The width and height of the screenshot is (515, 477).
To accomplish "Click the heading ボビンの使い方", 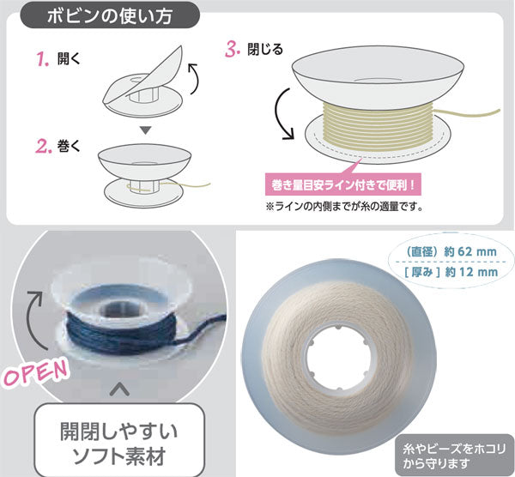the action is (x=110, y=15).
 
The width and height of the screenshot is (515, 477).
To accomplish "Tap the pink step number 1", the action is (x=42, y=59).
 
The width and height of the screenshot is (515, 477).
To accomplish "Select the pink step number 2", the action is (x=44, y=147).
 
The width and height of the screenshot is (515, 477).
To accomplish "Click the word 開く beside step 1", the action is (x=69, y=58).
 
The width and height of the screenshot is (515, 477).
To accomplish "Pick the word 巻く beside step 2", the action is (x=69, y=146).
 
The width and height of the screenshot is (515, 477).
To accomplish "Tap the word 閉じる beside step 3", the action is (x=265, y=50).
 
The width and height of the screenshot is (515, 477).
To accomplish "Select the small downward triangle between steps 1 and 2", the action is (x=145, y=130).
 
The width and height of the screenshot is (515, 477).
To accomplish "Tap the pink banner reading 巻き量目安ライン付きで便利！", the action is (x=342, y=185).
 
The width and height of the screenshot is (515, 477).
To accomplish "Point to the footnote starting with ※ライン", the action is (x=344, y=207).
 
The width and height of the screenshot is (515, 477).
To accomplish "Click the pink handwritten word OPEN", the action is (x=35, y=373).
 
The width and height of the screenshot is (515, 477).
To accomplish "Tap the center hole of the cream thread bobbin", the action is (x=338, y=357).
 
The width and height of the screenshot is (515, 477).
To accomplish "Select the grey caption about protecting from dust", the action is (x=455, y=456).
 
